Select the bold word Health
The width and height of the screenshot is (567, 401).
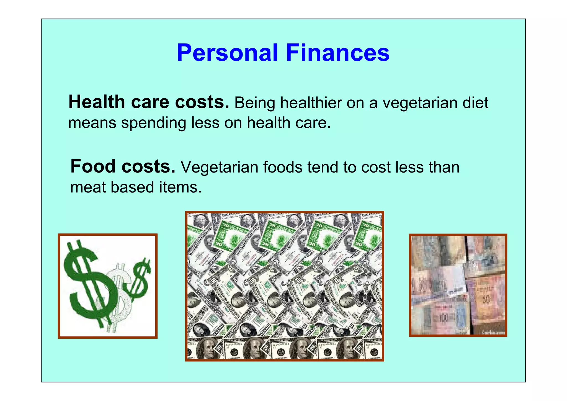[x=97, y=102]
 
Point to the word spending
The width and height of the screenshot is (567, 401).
[x=153, y=123]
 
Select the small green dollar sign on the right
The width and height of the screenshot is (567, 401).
[x=140, y=280]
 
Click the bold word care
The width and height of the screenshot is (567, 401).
[x=150, y=102]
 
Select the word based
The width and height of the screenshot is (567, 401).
[x=132, y=187]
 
